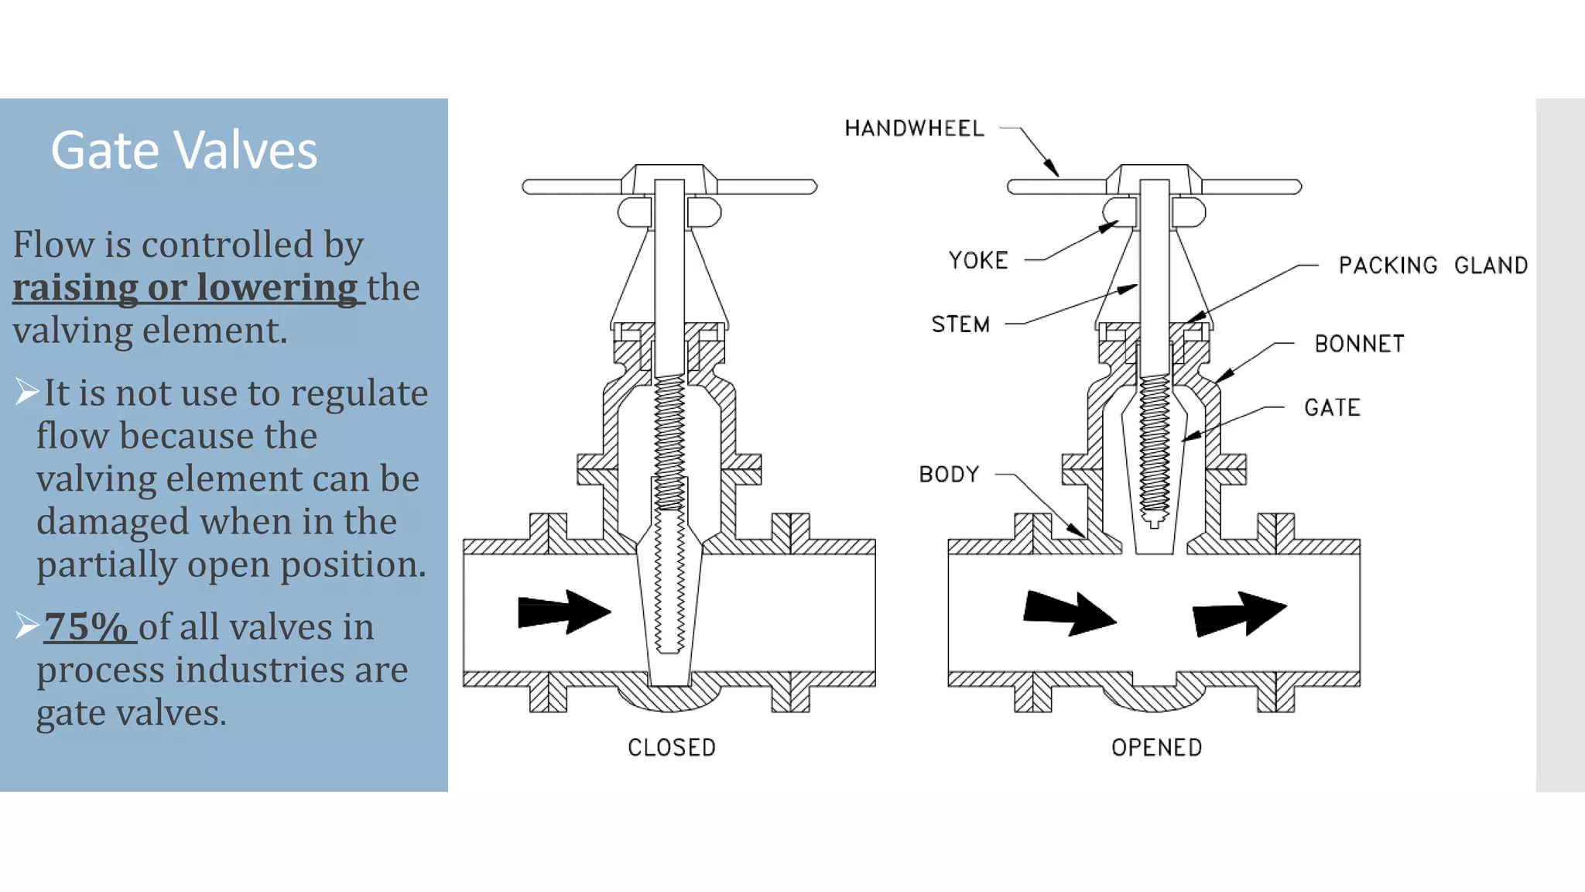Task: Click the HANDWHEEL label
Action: point(914,129)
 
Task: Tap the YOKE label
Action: point(978,260)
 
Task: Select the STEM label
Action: point(960,324)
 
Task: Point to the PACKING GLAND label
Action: point(1433,266)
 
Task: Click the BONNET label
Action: point(1359,344)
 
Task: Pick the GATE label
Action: point(1332,408)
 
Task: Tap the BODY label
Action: point(949,474)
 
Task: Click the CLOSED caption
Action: point(672,748)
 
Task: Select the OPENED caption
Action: point(1156,748)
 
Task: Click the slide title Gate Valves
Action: point(184,150)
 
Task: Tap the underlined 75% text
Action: point(85,627)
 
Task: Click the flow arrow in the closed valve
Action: point(564,612)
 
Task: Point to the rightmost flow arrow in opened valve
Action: point(1239,614)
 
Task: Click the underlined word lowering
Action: point(276,288)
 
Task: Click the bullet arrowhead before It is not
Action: point(26,392)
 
